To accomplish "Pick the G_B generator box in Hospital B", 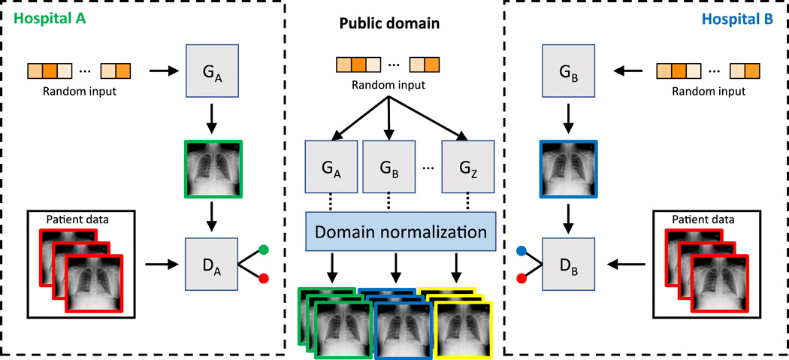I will (569, 73).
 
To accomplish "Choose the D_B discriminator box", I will (569, 264).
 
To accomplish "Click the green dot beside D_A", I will (264, 249).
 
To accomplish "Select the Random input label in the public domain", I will (388, 85).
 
